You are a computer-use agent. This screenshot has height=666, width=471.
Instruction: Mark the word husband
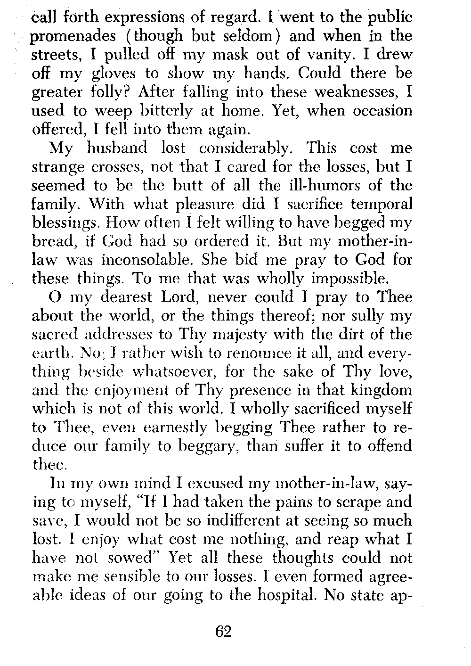tap(120, 148)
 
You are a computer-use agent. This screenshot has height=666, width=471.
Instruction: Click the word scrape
tap(359, 502)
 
